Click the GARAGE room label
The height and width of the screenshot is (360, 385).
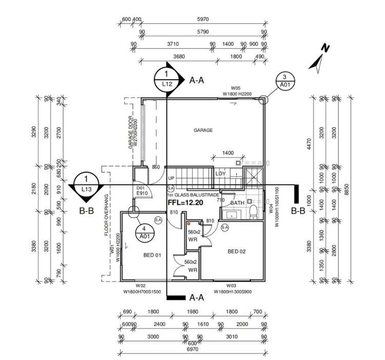click(203, 130)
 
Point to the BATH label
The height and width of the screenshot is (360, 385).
click(237, 203)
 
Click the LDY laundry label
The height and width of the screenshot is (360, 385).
click(221, 173)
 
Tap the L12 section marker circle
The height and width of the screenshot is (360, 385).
click(167, 79)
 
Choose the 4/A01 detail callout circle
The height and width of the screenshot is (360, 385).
click(145, 232)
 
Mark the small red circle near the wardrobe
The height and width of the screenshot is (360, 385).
click(189, 224)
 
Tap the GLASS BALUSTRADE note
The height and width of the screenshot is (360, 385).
click(193, 195)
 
